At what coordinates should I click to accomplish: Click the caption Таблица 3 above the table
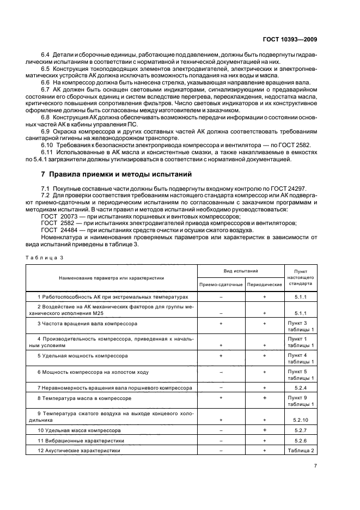(x=46, y=258)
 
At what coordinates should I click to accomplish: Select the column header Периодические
(x=264, y=284)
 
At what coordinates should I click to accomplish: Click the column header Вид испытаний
(x=241, y=271)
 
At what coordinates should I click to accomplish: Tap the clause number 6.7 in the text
(x=46, y=89)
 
